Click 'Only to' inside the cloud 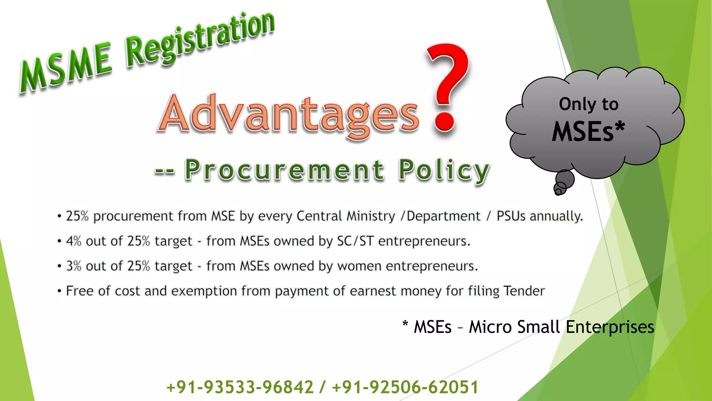click(589, 104)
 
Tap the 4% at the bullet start click(73, 241)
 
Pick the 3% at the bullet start click(73, 266)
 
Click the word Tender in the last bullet click(524, 291)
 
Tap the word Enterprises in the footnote click(610, 327)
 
